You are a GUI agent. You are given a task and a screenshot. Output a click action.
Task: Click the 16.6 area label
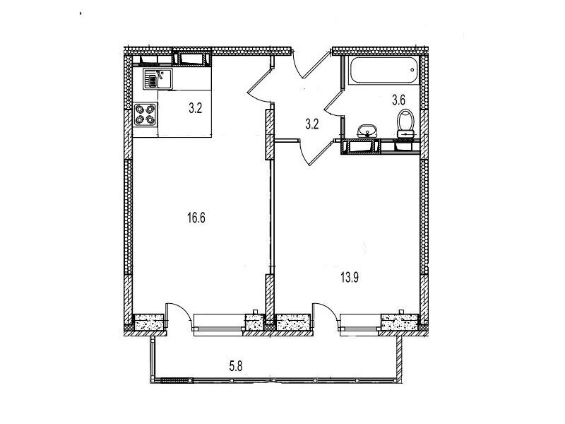click(x=196, y=218)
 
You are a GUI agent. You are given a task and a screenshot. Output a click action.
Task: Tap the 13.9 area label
click(x=350, y=278)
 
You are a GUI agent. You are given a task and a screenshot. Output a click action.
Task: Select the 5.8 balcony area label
click(x=236, y=367)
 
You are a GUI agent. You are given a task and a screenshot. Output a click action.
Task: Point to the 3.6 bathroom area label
click(x=399, y=100)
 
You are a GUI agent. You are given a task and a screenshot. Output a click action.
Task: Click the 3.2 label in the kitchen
click(x=196, y=108)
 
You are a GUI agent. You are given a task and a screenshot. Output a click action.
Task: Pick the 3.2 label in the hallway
click(x=312, y=124)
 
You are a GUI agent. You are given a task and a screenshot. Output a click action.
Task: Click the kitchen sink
click(x=157, y=79)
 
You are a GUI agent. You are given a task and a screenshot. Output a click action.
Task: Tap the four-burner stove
click(x=145, y=114)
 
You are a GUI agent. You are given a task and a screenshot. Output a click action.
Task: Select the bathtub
click(x=384, y=70)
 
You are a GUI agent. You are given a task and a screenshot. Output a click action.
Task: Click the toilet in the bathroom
click(x=405, y=123)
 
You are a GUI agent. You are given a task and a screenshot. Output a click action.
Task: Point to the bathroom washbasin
click(x=367, y=131)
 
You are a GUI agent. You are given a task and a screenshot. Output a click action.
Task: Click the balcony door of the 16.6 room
click(x=179, y=316)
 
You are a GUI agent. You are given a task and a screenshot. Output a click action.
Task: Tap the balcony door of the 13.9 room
click(x=326, y=316)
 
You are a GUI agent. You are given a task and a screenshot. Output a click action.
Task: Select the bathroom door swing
click(x=333, y=104)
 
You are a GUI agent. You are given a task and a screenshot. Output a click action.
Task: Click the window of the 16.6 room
click(x=219, y=322)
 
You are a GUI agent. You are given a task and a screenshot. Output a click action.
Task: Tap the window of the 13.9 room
click(x=360, y=322)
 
